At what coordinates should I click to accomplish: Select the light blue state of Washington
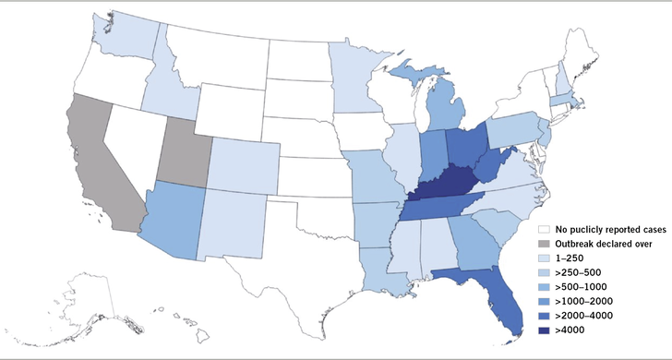pyautogui.click(x=125, y=37)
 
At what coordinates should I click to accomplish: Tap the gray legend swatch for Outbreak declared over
pyautogui.click(x=545, y=242)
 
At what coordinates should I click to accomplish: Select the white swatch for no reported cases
pyautogui.click(x=545, y=227)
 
